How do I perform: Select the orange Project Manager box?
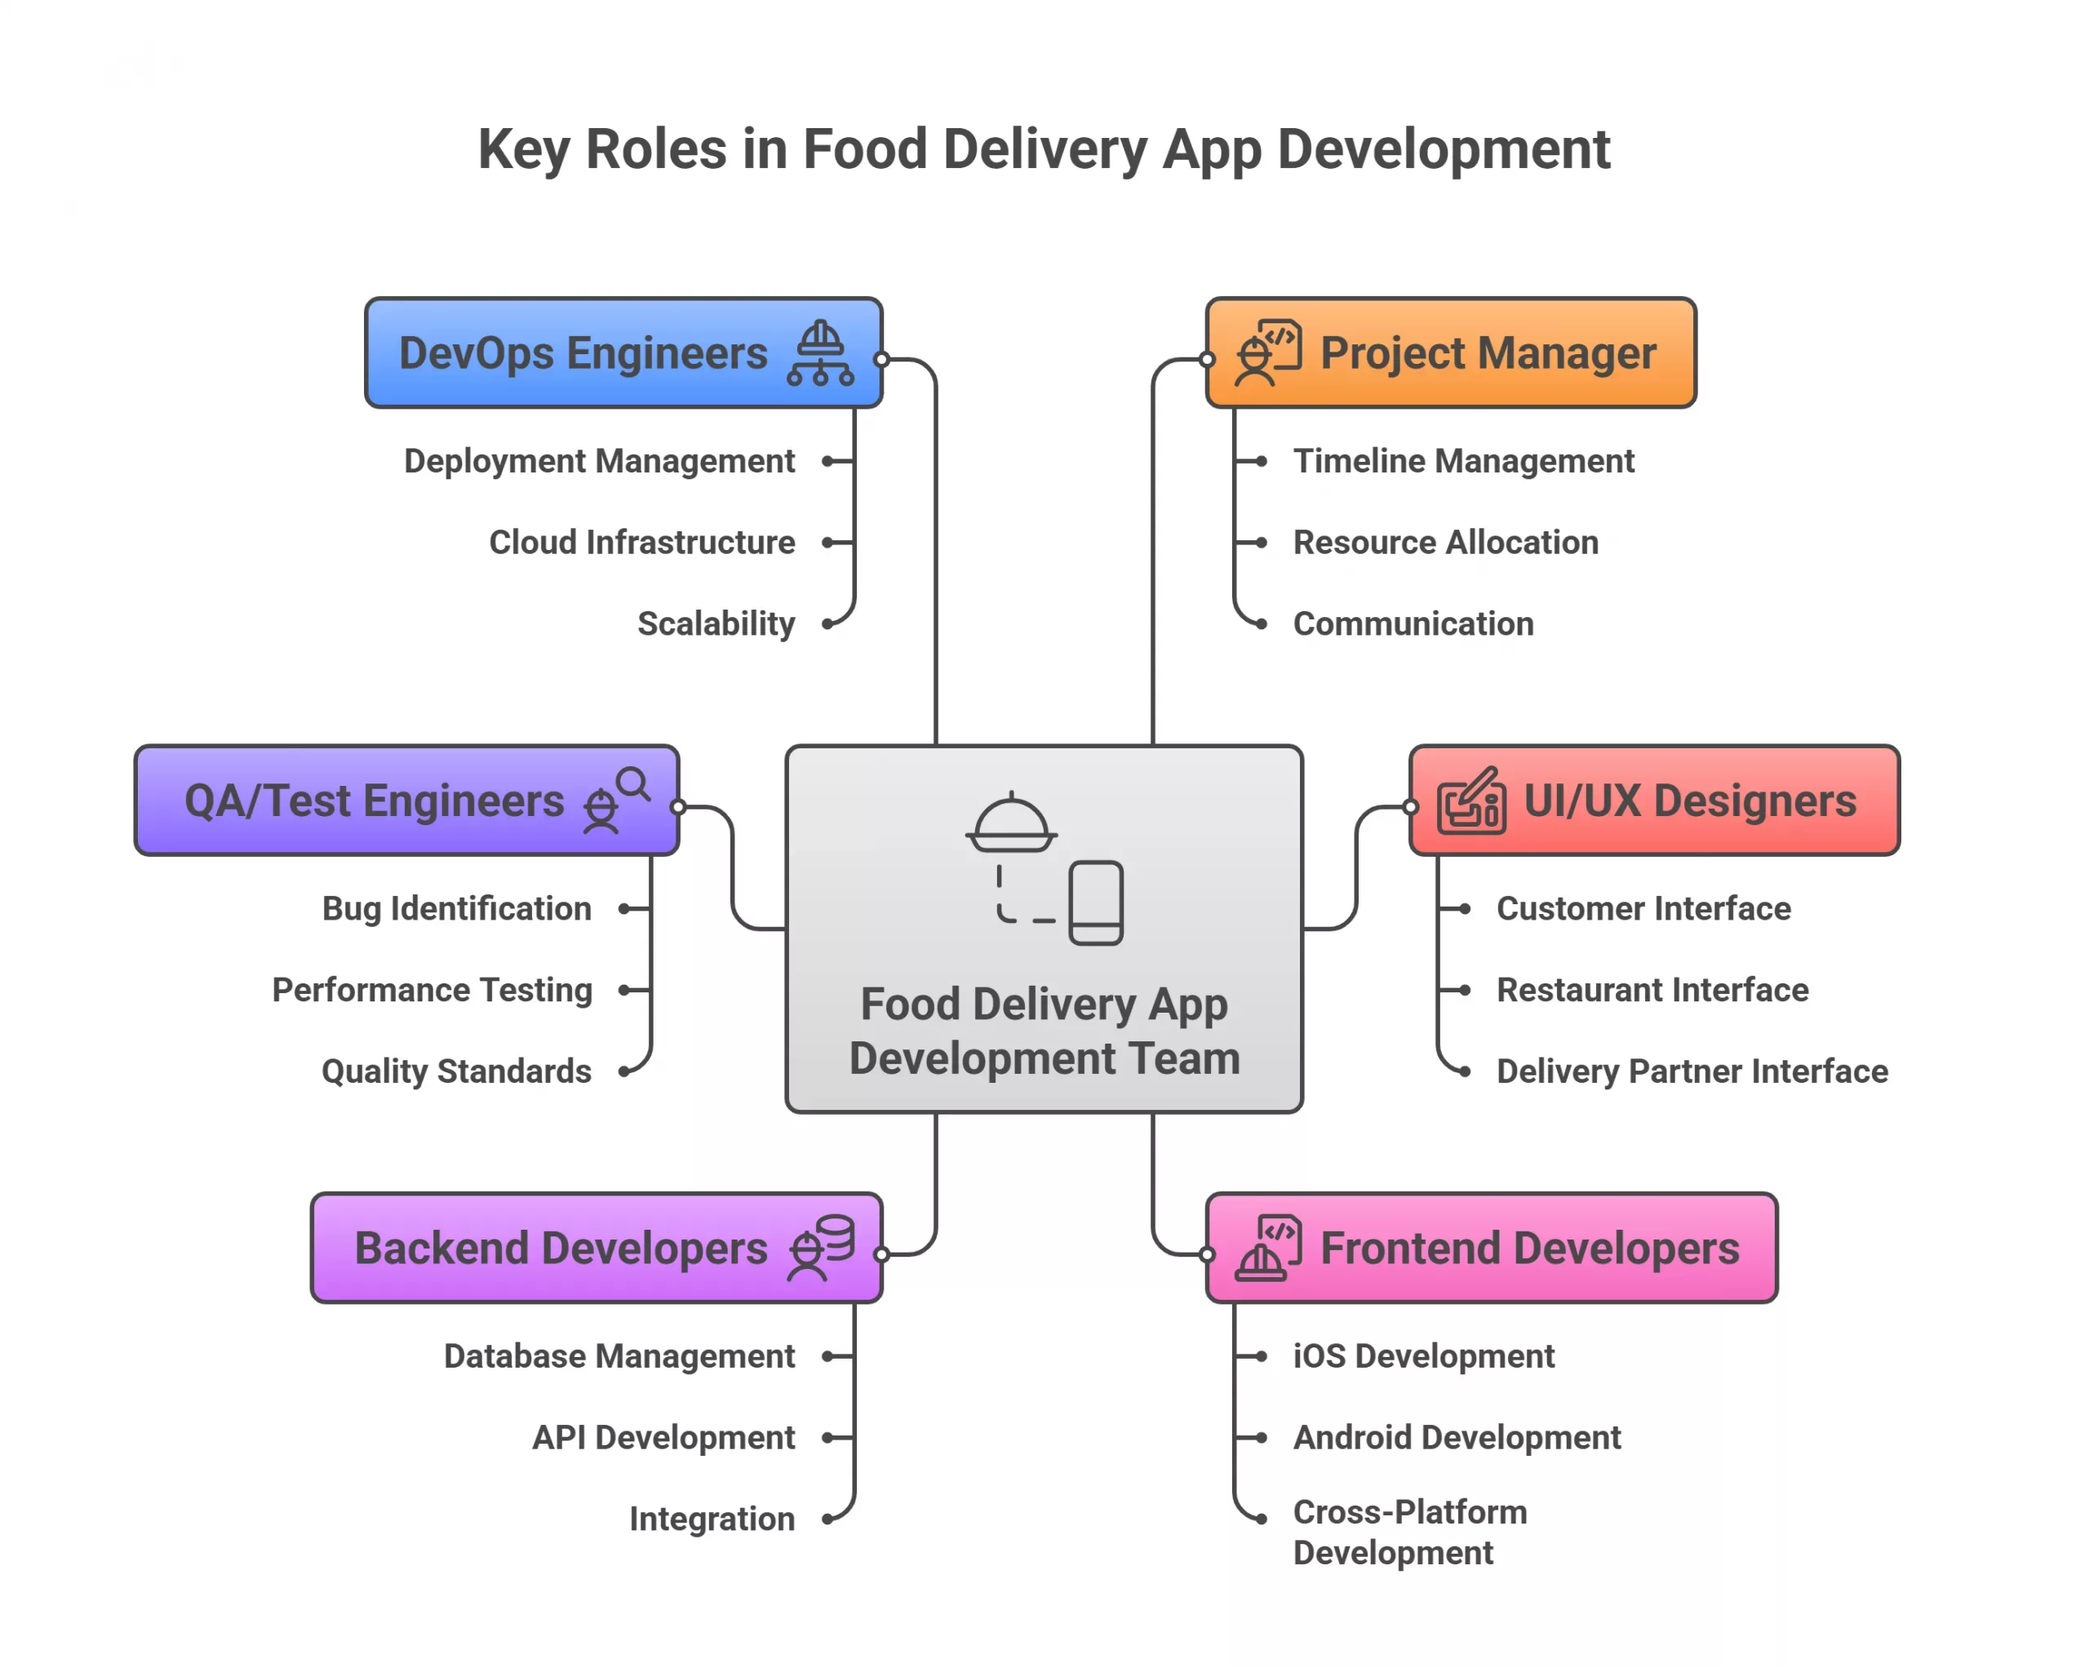pyautogui.click(x=1451, y=353)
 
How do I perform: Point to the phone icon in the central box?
pyautogui.click(x=1096, y=903)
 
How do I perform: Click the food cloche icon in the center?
pyautogui.click(x=1010, y=824)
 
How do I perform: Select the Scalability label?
pyautogui.click(x=715, y=623)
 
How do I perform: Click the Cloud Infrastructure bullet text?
pyautogui.click(x=641, y=542)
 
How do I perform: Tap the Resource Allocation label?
pyautogui.click(x=1444, y=542)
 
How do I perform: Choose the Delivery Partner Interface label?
pyautogui.click(x=1691, y=1071)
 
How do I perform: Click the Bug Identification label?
pyautogui.click(x=456, y=908)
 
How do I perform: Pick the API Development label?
pyautogui.click(x=663, y=1437)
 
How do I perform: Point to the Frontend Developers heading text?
pyautogui.click(x=1529, y=1249)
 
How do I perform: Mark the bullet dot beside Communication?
pyautogui.click(x=1261, y=624)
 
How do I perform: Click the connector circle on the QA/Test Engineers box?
pyautogui.click(x=678, y=806)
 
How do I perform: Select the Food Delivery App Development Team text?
pyautogui.click(x=1044, y=1031)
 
